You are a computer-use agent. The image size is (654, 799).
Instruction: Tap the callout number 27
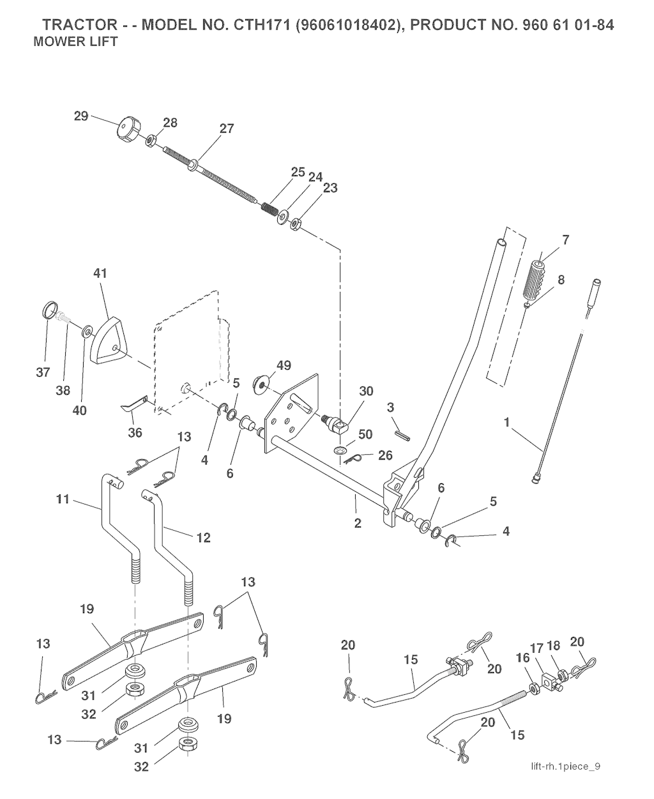[227, 129]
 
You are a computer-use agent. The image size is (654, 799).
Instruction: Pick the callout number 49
[284, 365]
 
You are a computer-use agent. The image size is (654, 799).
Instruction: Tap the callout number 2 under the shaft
[358, 523]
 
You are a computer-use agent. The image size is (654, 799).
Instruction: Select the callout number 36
[135, 432]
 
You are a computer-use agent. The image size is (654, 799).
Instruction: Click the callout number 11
[63, 499]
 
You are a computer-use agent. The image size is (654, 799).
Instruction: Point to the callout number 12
[204, 538]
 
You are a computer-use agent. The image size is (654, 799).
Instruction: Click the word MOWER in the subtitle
[54, 42]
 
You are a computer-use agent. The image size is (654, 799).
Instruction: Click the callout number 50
[365, 434]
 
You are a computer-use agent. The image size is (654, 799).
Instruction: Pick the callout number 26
[385, 455]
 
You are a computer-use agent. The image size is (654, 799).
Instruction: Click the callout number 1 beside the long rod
[507, 422]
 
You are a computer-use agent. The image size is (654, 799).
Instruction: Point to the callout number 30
[366, 391]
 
